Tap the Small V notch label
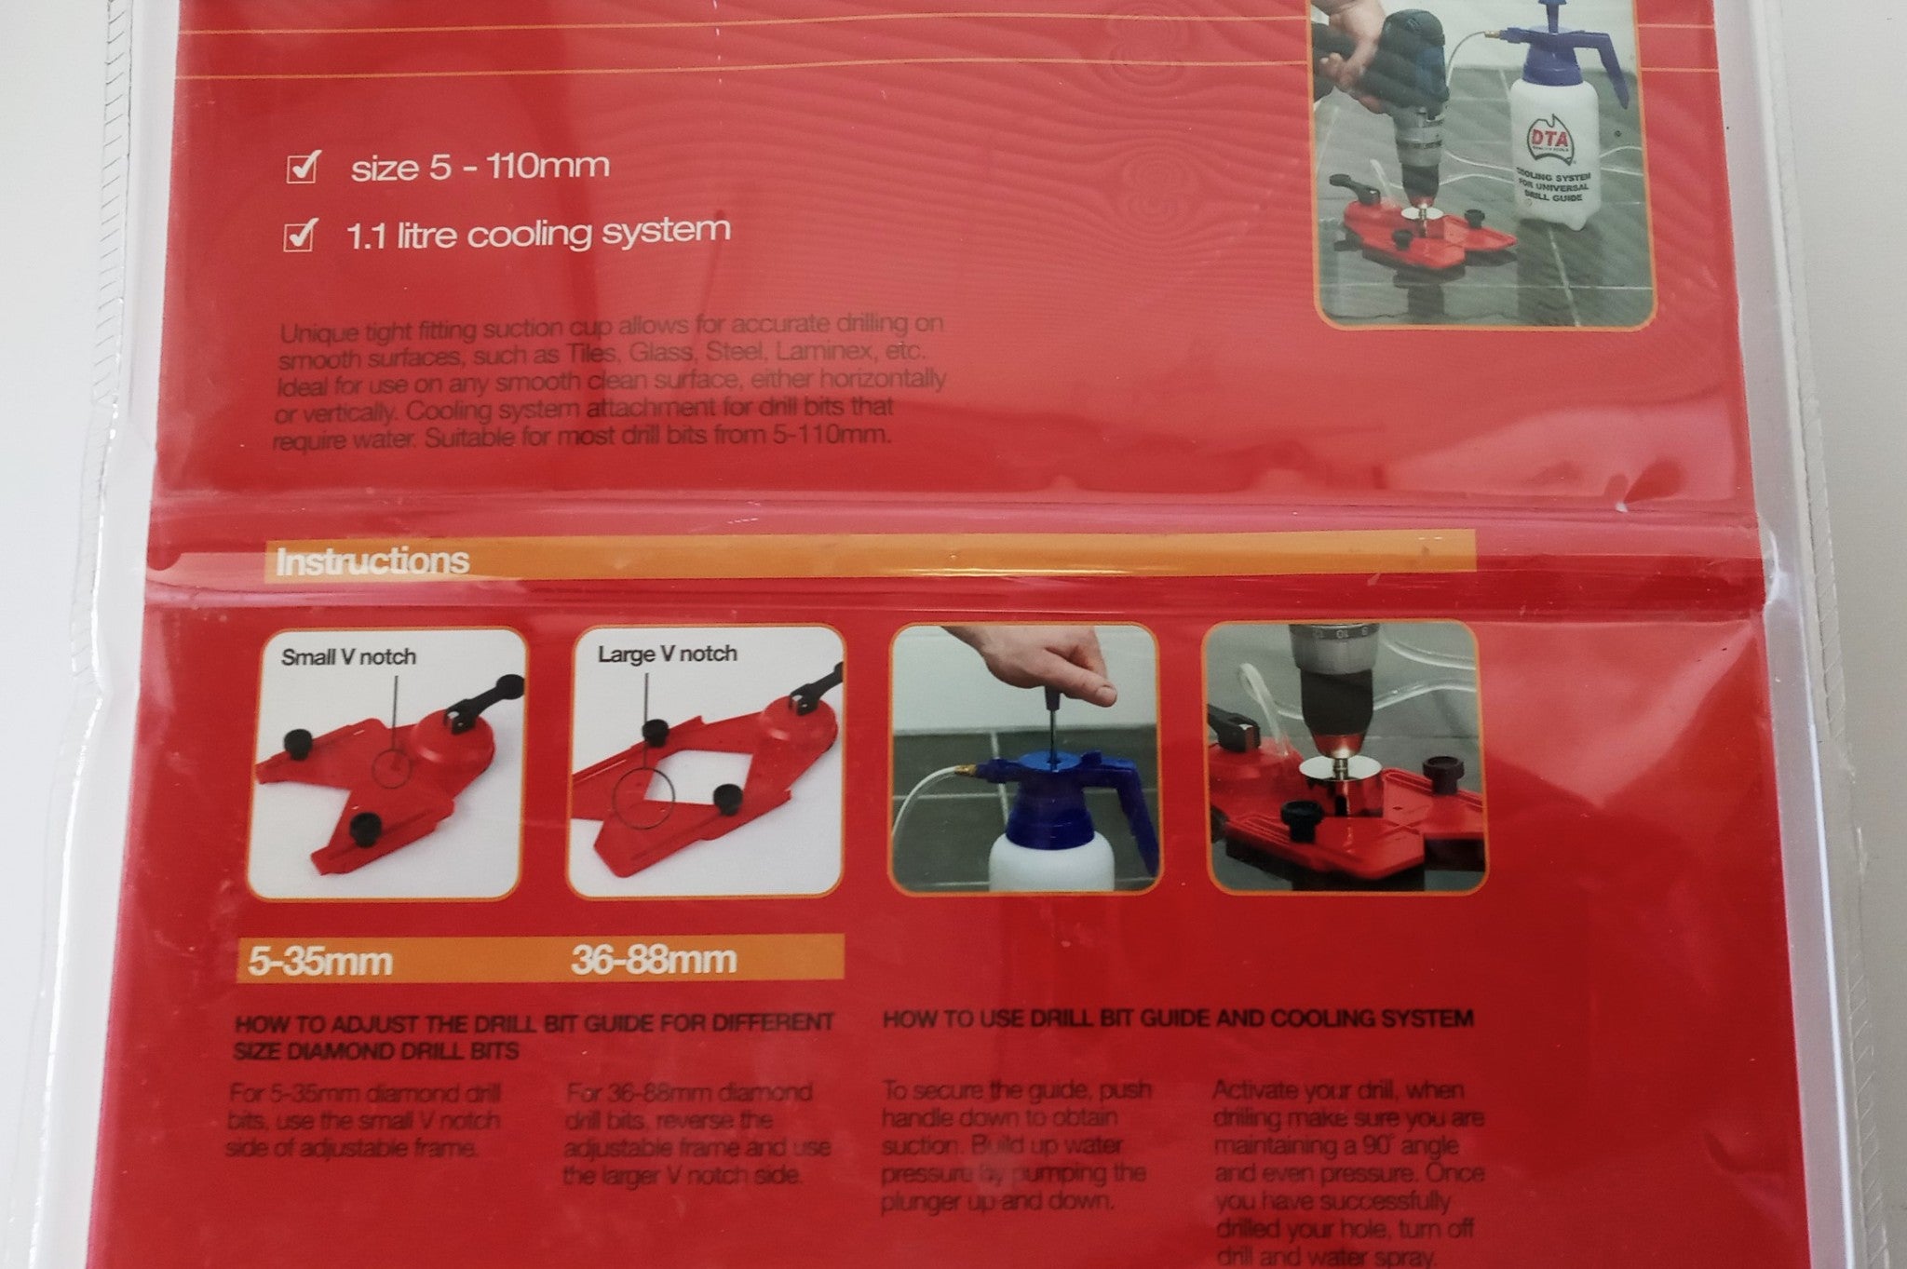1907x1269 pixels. (348, 657)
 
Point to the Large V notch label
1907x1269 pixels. (667, 655)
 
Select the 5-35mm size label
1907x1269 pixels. (319, 960)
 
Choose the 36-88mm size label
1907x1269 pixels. (654, 958)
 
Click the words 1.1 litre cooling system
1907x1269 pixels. (537, 233)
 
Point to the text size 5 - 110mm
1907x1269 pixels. (480, 167)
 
